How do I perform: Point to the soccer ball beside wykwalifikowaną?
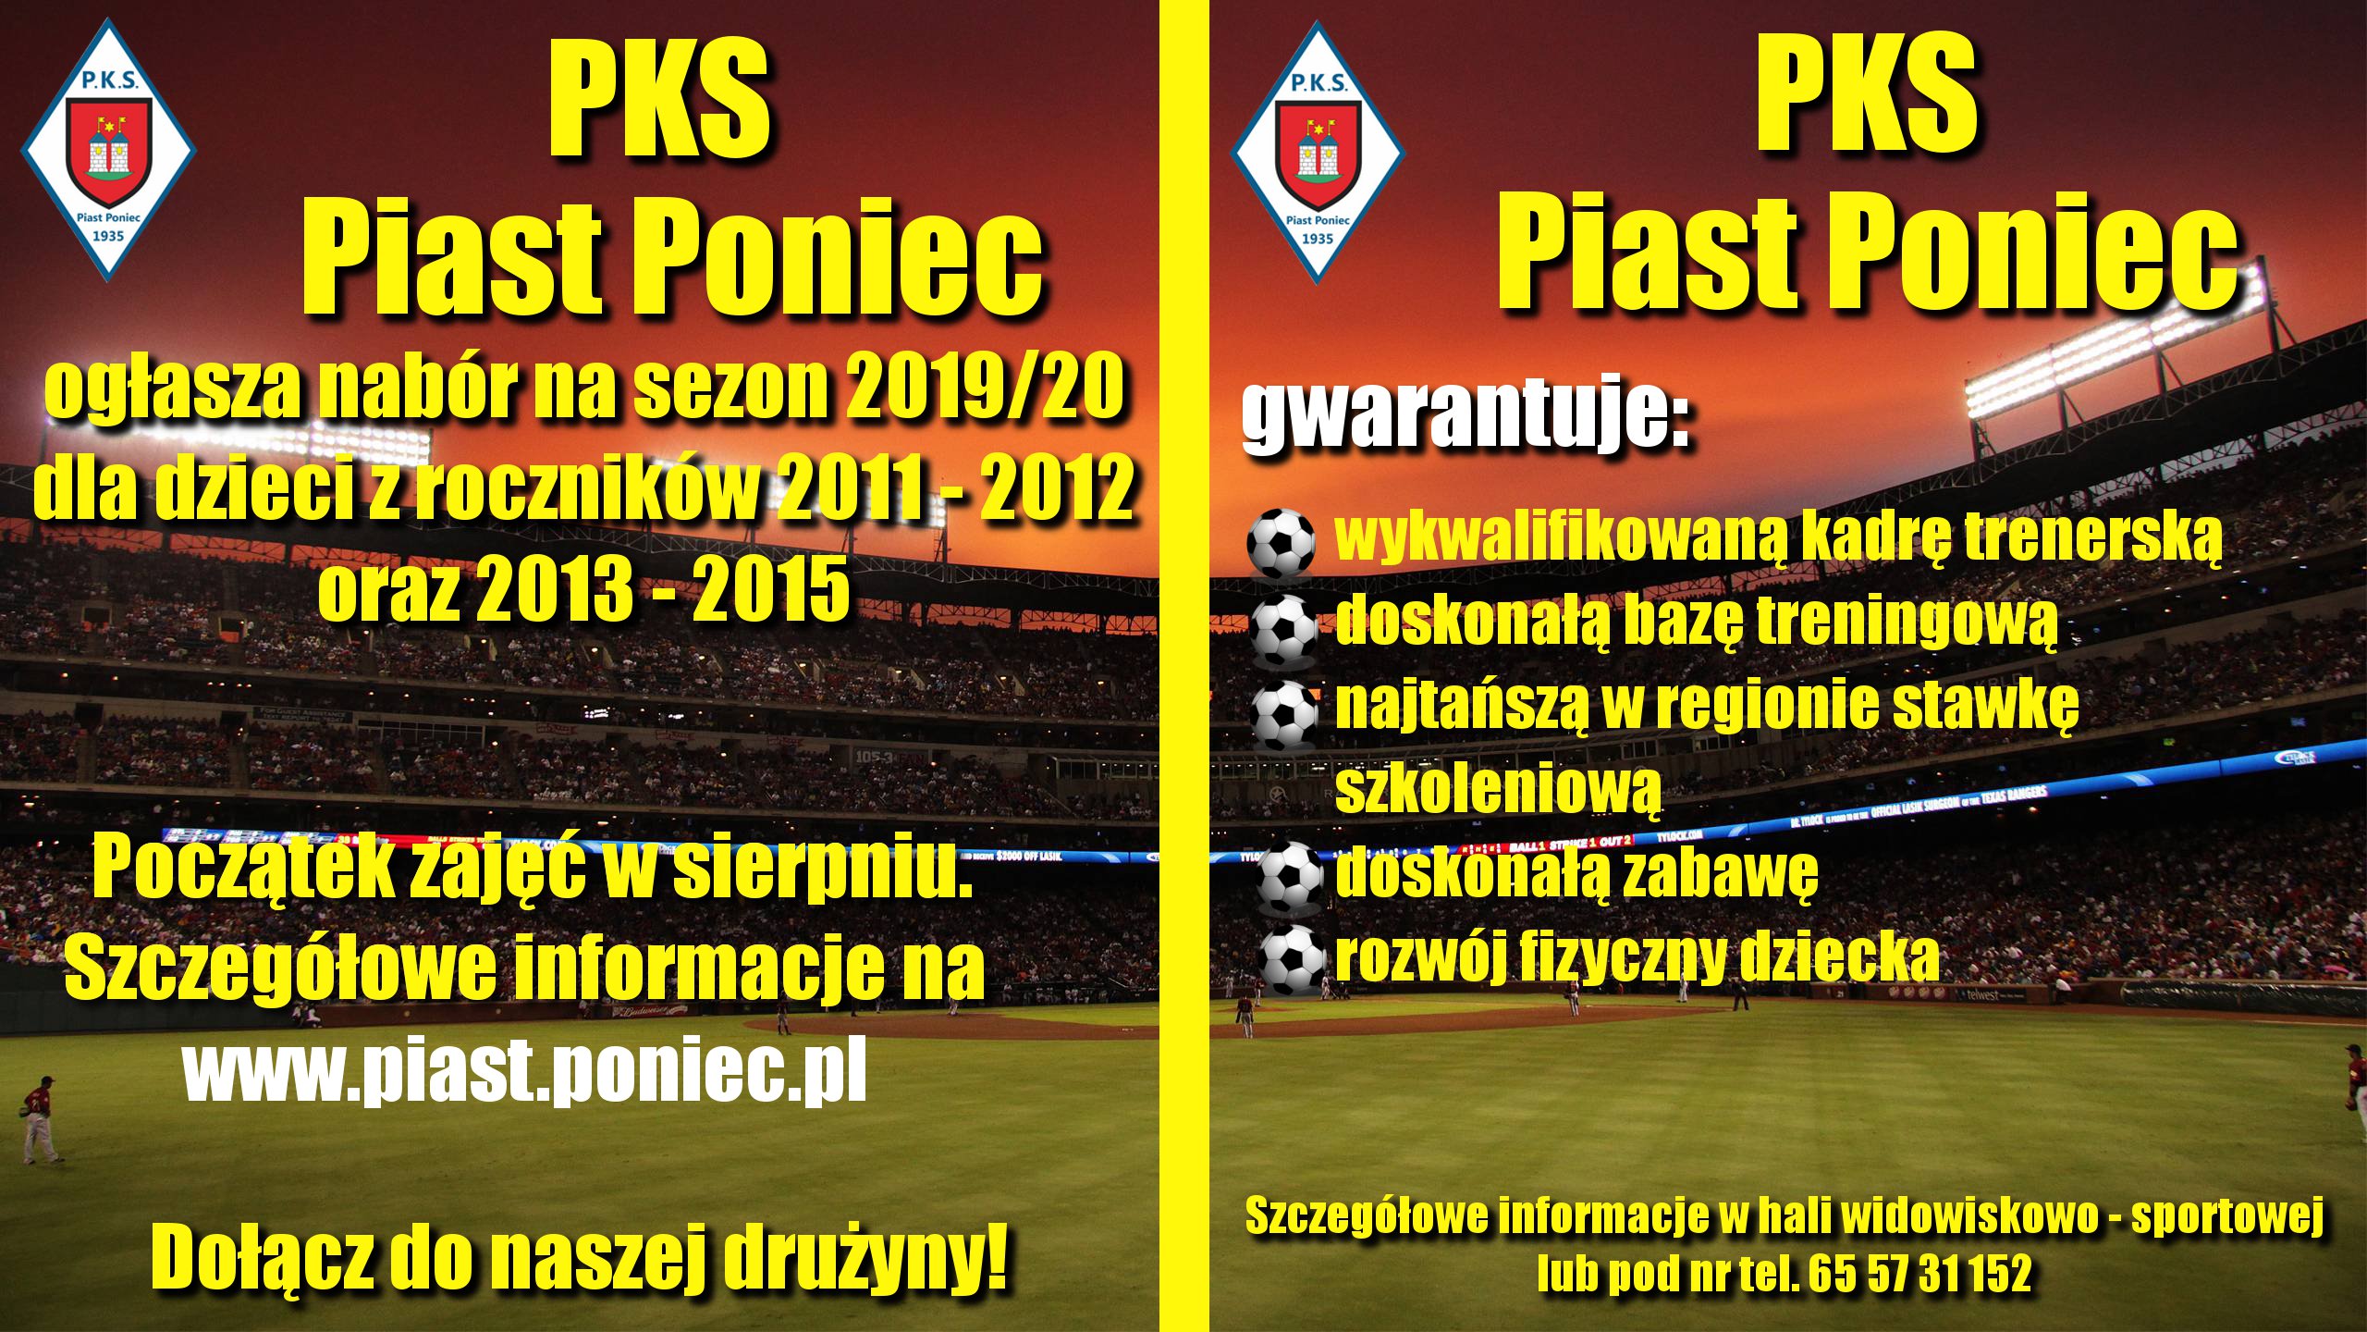coord(1281,543)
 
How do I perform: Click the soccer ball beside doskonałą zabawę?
coord(1293,877)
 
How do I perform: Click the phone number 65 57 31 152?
coord(1919,1274)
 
